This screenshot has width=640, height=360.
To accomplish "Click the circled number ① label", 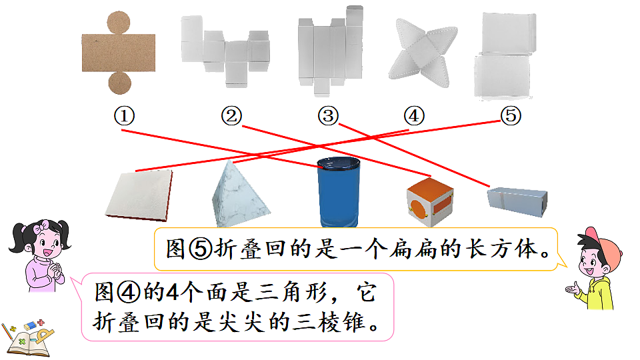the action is (x=124, y=116).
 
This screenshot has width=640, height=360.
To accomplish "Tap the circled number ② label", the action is (x=231, y=116).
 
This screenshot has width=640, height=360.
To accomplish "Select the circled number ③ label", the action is (x=328, y=116).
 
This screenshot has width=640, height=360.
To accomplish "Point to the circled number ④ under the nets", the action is (x=414, y=116).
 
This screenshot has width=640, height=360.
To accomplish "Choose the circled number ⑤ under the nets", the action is (x=511, y=115).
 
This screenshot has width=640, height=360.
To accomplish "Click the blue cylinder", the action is (x=339, y=192).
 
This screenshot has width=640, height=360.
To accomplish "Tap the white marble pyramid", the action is (x=239, y=194).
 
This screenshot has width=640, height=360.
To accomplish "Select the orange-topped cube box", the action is (x=430, y=201).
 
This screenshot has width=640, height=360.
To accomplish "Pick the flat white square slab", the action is (x=139, y=195).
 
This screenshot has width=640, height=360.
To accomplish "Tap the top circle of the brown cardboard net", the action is (x=119, y=23).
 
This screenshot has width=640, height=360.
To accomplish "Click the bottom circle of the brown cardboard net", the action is (x=119, y=83).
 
